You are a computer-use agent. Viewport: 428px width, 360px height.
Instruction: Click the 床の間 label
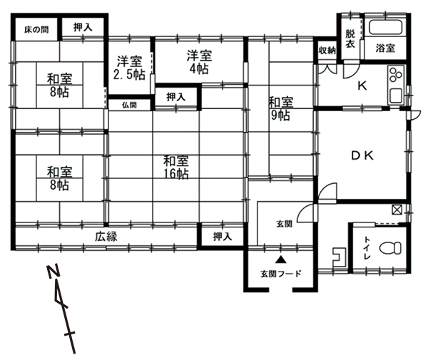point(36,30)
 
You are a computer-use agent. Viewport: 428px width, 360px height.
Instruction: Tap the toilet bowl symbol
point(390,248)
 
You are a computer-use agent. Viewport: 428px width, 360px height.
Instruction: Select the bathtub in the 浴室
point(385,27)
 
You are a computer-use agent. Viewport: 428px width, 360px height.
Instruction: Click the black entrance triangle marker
point(281,259)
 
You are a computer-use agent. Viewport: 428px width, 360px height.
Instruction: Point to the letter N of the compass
point(53,271)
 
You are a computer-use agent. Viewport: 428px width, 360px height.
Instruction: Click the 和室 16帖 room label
point(175,168)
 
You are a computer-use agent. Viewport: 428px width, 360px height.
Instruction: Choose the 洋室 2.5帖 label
point(129,68)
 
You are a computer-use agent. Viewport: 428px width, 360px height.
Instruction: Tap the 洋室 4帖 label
point(199,62)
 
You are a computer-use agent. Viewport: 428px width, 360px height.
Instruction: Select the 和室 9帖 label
point(281,109)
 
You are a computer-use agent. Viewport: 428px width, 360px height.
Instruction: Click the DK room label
point(362,155)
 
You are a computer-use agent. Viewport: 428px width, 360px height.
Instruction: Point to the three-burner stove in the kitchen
point(395,74)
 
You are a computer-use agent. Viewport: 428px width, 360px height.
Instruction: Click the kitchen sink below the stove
point(396,96)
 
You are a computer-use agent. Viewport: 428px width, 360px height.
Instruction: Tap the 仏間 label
point(129,105)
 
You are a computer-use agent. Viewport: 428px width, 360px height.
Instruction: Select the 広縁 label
point(106,237)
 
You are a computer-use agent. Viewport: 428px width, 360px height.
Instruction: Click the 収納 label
point(327,50)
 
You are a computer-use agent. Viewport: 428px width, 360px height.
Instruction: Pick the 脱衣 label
point(350,38)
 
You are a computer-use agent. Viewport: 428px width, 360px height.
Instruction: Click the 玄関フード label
point(281,273)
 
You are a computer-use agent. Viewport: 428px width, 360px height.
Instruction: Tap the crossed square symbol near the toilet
point(397,210)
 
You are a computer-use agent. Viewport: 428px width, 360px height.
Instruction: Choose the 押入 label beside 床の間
point(83,27)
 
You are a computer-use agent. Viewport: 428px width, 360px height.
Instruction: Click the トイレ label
point(367,248)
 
